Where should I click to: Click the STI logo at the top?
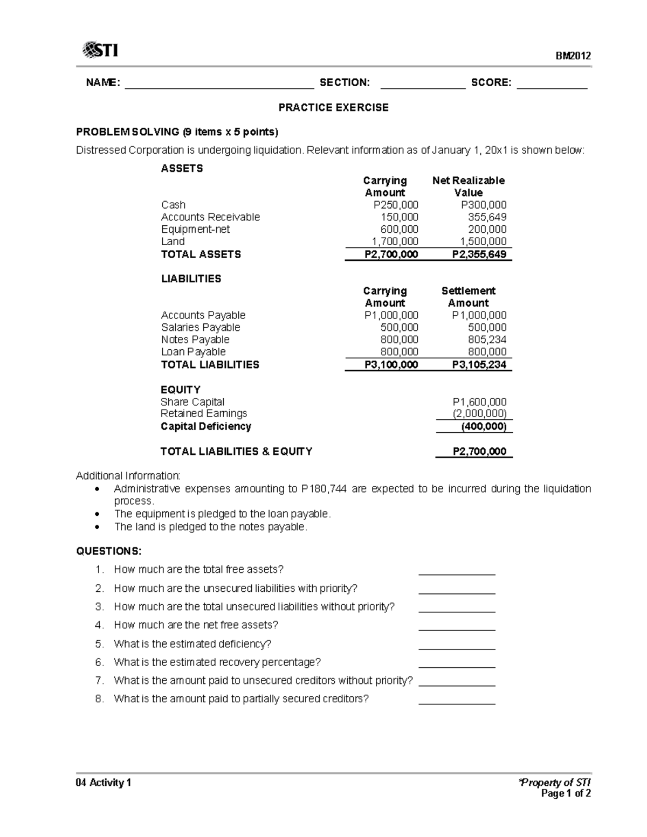(100, 51)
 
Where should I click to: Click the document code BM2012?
(574, 56)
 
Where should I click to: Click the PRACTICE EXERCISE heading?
(333, 107)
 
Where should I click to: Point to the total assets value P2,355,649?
(479, 254)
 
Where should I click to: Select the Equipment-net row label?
(195, 229)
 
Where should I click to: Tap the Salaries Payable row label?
(201, 327)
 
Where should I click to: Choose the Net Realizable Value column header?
(468, 186)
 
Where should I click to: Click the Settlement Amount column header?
(468, 297)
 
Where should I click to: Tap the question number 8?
(99, 699)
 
